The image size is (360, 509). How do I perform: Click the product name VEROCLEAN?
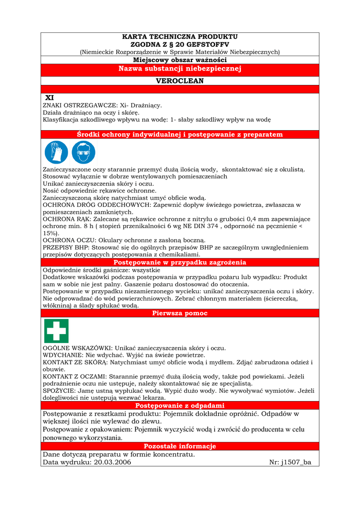(180, 81)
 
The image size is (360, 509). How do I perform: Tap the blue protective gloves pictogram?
(56, 152)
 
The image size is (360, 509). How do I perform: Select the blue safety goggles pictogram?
(83, 152)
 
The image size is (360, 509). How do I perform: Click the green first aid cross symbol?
(56, 331)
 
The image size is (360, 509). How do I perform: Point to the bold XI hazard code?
(50, 98)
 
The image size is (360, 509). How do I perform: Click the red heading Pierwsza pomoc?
(180, 313)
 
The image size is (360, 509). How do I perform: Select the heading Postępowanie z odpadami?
(180, 406)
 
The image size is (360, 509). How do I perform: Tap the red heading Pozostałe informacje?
(180, 446)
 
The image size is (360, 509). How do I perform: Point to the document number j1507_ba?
(296, 462)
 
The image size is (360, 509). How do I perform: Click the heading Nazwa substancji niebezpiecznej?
(180, 69)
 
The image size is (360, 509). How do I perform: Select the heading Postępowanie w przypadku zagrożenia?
(180, 262)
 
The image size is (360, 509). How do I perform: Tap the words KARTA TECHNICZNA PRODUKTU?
(180, 37)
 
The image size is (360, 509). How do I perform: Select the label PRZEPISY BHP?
(65, 248)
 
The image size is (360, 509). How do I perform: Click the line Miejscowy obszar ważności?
(180, 60)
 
